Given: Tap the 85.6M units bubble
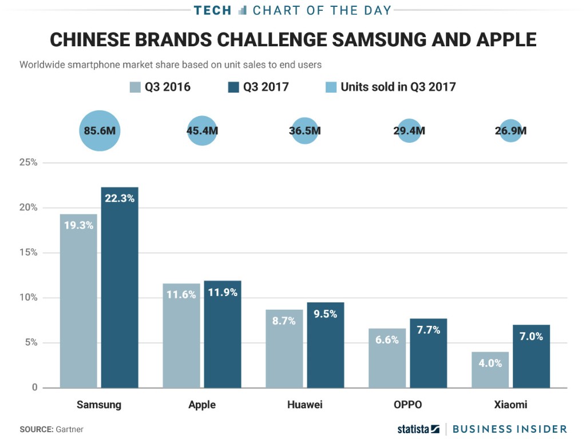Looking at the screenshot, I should coord(100,131).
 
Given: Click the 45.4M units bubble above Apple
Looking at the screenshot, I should coord(202,131).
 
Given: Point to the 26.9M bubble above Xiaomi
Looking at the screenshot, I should coord(510,131).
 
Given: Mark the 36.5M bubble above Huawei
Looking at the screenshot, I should coord(305,131).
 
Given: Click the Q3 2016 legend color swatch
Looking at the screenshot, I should coord(135,87).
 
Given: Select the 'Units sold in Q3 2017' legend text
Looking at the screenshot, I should coord(398,87).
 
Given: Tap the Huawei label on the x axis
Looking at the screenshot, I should coord(305,405).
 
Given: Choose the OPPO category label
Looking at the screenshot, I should coord(407,405).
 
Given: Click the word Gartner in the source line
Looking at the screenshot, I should coord(69,429).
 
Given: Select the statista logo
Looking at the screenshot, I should coord(418,429).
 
